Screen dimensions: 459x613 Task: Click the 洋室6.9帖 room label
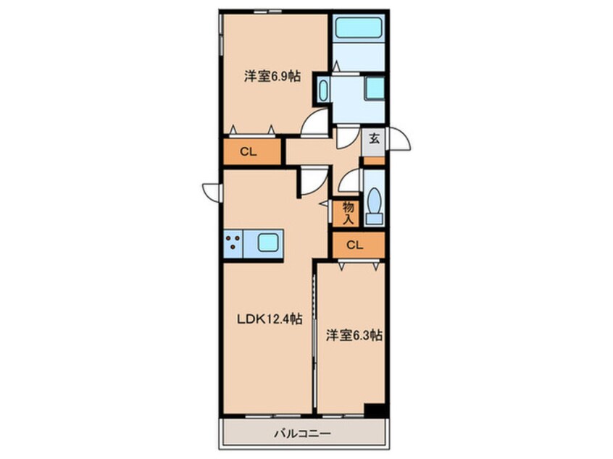point(272,76)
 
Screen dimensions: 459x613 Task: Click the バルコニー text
point(302,434)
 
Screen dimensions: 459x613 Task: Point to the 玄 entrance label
point(374,138)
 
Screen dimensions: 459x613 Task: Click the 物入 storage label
point(348,212)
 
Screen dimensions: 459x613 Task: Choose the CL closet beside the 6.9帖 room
point(249,152)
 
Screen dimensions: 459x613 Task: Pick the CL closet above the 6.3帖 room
point(354,245)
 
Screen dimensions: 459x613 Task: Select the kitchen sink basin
point(266,243)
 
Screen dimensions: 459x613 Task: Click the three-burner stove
point(233,243)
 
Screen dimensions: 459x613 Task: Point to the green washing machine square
point(375,88)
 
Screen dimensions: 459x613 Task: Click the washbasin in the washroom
point(323,91)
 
